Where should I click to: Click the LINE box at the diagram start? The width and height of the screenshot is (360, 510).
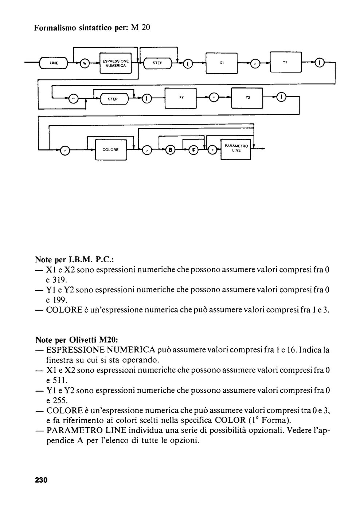pyautogui.click(x=54, y=63)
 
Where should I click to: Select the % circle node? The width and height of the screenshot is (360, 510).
pyautogui.click(x=85, y=63)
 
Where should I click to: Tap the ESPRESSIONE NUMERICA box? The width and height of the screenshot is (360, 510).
pyautogui.click(x=116, y=63)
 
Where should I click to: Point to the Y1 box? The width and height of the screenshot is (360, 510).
pyautogui.click(x=286, y=62)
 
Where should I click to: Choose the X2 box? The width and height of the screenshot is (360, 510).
pyautogui.click(x=181, y=98)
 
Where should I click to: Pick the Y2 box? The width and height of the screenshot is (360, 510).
pyautogui.click(x=247, y=98)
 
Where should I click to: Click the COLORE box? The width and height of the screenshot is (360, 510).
pyautogui.click(x=111, y=150)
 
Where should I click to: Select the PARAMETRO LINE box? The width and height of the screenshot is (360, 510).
pyautogui.click(x=236, y=149)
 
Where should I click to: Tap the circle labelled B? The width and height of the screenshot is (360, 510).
pyautogui.click(x=170, y=150)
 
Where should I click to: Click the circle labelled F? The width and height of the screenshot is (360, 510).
pyautogui.click(x=194, y=150)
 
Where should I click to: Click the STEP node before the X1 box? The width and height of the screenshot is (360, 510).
pyautogui.click(x=157, y=63)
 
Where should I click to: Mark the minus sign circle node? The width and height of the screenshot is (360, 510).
pyautogui.click(x=73, y=99)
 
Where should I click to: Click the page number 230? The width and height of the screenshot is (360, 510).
pyautogui.click(x=41, y=480)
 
